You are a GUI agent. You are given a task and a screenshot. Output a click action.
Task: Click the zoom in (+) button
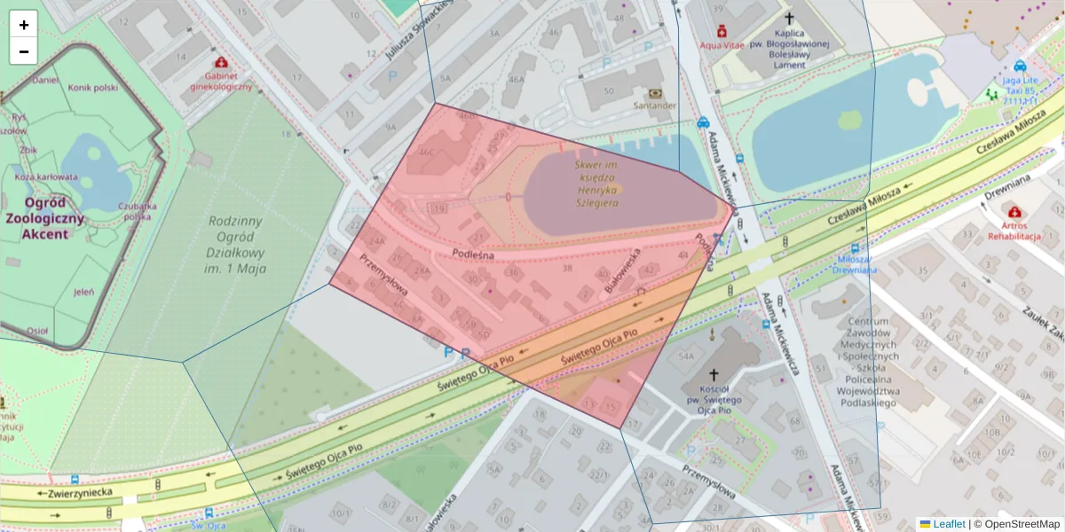(x=24, y=25)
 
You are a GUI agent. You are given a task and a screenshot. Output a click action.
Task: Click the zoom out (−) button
(x=24, y=51)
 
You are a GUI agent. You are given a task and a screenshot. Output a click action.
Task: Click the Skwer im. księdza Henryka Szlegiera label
(x=596, y=184)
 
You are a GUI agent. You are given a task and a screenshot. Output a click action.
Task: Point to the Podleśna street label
(x=473, y=254)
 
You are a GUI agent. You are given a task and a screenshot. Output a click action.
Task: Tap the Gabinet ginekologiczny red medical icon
(x=220, y=63)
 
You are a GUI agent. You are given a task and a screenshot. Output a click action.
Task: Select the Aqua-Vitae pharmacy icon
(x=721, y=30)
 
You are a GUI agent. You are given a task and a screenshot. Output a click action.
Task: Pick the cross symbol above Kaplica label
(x=788, y=18)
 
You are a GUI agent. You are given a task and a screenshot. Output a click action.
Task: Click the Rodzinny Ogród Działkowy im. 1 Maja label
(x=239, y=245)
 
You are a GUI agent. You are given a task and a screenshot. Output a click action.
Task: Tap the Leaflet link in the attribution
(x=949, y=524)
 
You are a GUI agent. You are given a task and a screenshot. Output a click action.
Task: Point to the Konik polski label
(x=93, y=87)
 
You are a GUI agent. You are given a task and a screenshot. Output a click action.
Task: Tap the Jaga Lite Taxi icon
(x=1020, y=65)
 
